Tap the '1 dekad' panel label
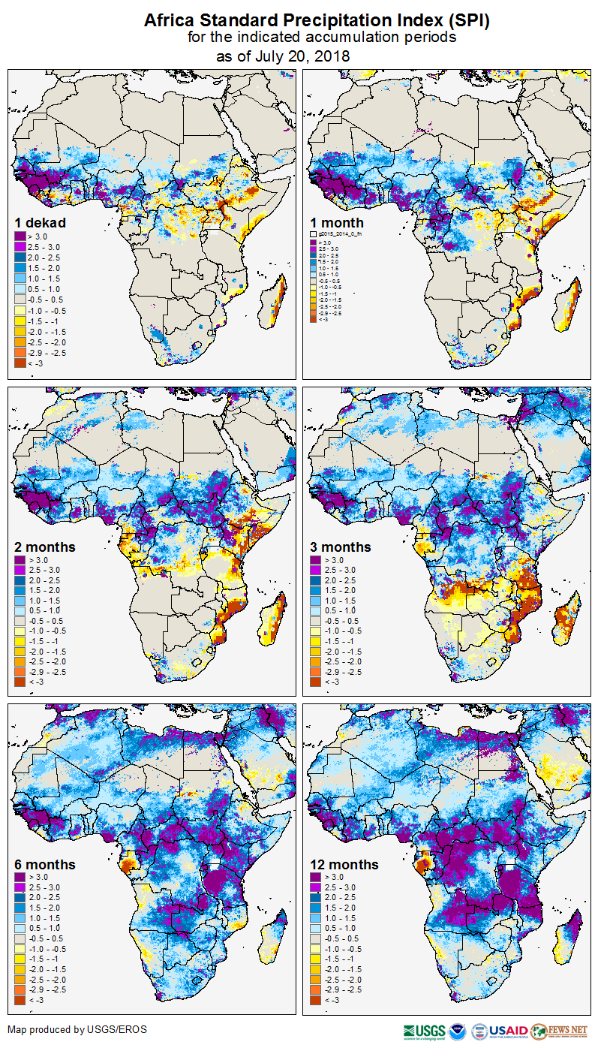(x=41, y=222)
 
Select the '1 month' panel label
(x=337, y=222)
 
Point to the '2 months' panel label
(x=45, y=547)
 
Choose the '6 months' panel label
(x=45, y=865)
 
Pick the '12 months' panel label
(x=344, y=865)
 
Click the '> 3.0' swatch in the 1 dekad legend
(x=20, y=236)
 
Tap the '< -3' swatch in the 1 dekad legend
(x=20, y=363)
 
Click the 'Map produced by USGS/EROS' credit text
(x=77, y=1029)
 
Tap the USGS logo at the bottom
(x=424, y=1031)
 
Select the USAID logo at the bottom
(x=508, y=1031)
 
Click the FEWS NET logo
(x=560, y=1031)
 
